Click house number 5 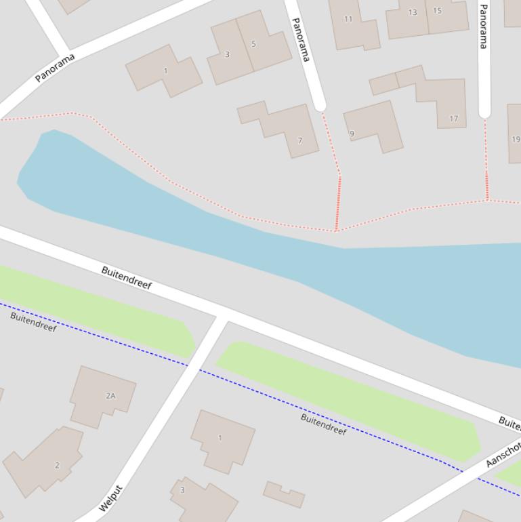coord(253,44)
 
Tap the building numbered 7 coord(299,140)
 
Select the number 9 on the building coord(352,134)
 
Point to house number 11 coord(348,19)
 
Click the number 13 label coord(413,12)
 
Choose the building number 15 coord(437,10)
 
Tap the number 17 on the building coord(453,119)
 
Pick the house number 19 coord(516,139)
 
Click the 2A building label coord(110,395)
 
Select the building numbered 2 coord(57,465)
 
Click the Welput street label coord(110,498)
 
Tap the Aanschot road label coord(503,454)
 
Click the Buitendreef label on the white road coord(127,278)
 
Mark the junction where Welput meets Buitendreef coord(222,316)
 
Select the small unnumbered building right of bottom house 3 coord(284,494)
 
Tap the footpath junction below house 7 coord(336,230)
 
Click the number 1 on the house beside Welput coord(220,437)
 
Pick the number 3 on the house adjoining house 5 coord(227,54)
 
